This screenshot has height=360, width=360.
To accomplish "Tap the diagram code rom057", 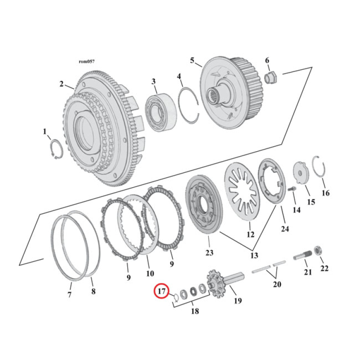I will coord(86,62).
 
